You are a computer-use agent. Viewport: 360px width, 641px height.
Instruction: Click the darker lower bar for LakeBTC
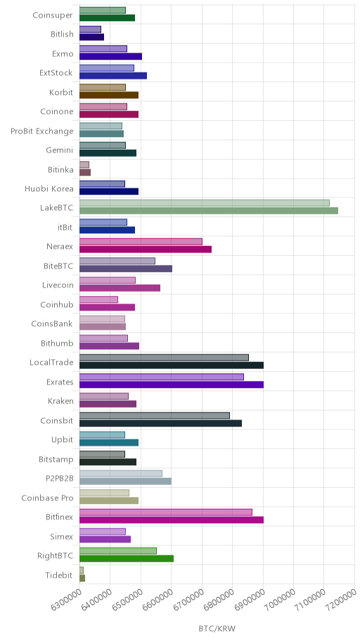tap(209, 211)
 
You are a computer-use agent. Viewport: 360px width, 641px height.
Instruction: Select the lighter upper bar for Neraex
tap(141, 242)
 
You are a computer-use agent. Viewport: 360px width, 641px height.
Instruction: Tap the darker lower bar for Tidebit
tap(82, 578)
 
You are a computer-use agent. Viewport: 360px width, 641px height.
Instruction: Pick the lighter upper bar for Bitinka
tap(84, 164)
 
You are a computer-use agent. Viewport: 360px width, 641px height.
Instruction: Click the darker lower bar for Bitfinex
tap(172, 520)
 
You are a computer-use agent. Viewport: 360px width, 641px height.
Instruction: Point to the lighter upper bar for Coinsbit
tap(155, 415)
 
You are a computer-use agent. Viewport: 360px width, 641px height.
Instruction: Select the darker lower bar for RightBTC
tap(127, 559)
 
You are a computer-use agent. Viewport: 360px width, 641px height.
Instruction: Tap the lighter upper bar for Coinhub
tap(98, 299)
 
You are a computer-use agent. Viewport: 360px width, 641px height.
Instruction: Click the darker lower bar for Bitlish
tap(91, 37)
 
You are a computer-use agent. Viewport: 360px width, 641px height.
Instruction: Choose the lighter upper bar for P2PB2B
tap(121, 474)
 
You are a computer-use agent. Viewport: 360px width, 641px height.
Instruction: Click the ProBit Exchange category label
tap(42, 131)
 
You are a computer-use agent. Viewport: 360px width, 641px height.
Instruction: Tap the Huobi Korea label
tap(49, 189)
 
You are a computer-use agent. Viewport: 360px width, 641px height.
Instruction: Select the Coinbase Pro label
tap(47, 498)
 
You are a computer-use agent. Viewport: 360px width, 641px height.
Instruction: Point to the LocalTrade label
tap(51, 363)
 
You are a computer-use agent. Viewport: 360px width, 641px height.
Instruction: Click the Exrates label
tap(60, 382)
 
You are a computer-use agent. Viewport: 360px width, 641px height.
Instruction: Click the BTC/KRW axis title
tap(217, 629)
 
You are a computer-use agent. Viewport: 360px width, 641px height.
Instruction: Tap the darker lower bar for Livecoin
tap(120, 287)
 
